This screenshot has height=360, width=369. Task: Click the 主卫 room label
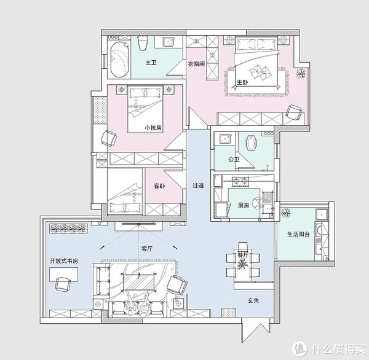point(151,63)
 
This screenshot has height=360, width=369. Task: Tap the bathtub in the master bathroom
point(120,60)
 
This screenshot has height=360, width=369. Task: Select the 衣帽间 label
point(196,64)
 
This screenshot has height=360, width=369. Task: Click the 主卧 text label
point(242,82)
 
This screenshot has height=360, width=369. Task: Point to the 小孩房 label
point(153,128)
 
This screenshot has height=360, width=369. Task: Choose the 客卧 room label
point(159,186)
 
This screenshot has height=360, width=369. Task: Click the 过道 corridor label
point(198,186)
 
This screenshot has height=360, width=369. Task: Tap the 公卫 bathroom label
point(234,159)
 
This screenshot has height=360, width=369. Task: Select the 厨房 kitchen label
point(244,205)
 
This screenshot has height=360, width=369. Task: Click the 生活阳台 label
point(298,234)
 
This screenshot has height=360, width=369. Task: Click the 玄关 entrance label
point(253,300)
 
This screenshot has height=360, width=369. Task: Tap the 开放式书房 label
point(64,260)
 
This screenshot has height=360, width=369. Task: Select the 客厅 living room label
point(147,249)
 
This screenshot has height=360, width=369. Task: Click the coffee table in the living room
point(139,282)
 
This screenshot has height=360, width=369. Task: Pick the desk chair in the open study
point(63,284)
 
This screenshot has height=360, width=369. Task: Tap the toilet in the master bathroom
point(143,42)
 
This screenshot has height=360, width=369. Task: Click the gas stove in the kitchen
point(240,181)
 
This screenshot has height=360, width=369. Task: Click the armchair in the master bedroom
point(294,112)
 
